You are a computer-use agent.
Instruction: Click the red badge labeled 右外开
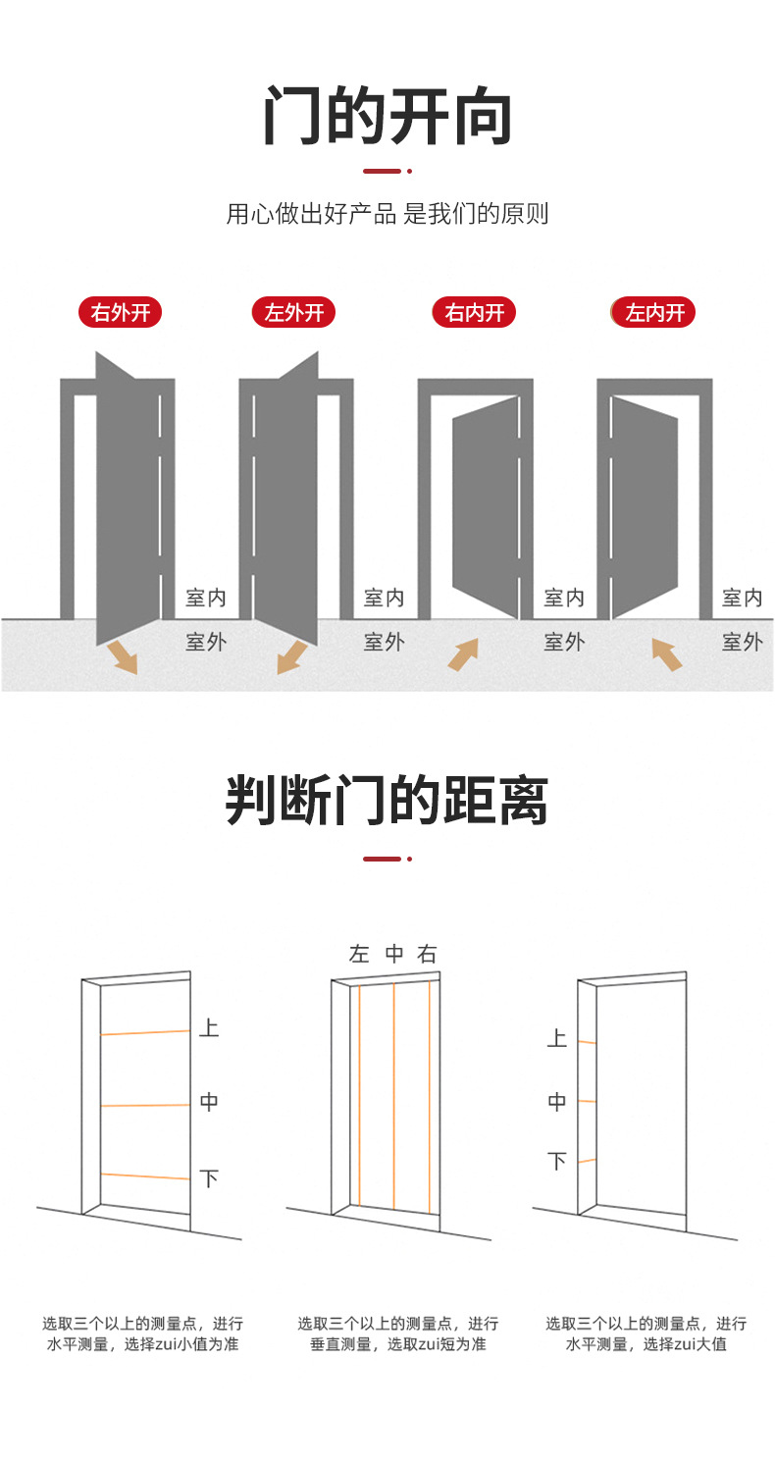[121, 313]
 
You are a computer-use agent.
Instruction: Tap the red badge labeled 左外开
[293, 313]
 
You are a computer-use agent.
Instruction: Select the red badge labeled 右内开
[474, 313]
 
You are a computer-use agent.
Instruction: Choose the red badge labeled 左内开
[653, 313]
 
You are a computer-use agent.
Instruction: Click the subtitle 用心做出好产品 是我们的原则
[387, 214]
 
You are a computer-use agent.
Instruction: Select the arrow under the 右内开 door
[463, 654]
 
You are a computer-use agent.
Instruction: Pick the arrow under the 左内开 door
[667, 654]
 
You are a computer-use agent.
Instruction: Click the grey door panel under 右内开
[485, 506]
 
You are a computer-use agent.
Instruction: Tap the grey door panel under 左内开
[645, 506]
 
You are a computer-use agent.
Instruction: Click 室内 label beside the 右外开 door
[206, 598]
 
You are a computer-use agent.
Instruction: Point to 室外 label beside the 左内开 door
[742, 642]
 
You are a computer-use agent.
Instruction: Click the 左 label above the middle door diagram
[359, 954]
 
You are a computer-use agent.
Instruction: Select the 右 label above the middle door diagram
[427, 954]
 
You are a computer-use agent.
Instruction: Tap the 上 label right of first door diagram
[209, 1028]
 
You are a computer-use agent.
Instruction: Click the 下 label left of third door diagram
[557, 1162]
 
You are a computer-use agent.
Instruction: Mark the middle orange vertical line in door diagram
[394, 1095]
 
